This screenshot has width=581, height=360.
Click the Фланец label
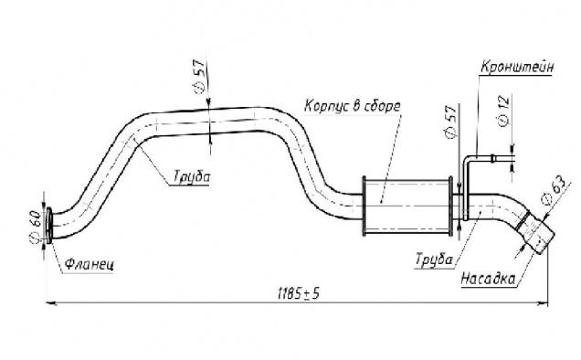pyautogui.click(x=90, y=264)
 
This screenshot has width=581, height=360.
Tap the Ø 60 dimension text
pyautogui.click(x=36, y=227)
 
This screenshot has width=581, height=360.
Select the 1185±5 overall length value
pyautogui.click(x=299, y=294)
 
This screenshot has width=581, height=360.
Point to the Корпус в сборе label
pyautogui.click(x=353, y=106)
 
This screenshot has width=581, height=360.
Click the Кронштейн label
pyautogui.click(x=517, y=67)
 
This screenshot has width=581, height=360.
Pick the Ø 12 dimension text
pyautogui.click(x=504, y=111)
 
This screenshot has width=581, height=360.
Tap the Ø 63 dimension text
pyautogui.click(x=554, y=190)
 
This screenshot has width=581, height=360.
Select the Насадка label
pyautogui.click(x=489, y=279)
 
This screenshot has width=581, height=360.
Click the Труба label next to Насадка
pyautogui.click(x=434, y=259)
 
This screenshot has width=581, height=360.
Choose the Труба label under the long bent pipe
pyautogui.click(x=192, y=176)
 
